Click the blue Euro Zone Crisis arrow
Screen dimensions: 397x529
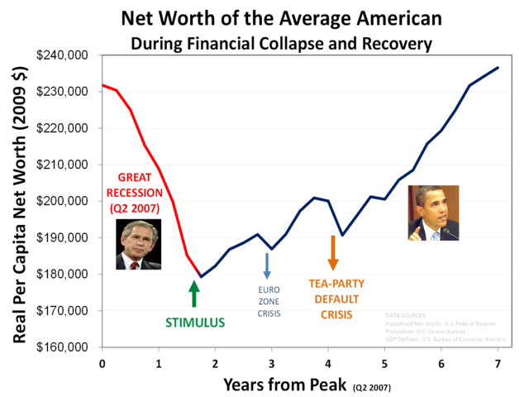(267, 265)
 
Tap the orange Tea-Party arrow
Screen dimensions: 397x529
(333, 252)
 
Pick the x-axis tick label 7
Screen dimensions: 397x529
(498, 363)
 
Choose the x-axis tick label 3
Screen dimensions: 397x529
(271, 363)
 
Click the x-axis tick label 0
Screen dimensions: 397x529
(102, 363)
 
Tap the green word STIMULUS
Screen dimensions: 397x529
(195, 323)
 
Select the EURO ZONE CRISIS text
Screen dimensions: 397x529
(269, 302)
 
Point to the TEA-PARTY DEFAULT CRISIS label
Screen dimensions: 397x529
(336, 299)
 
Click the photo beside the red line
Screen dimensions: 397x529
(138, 245)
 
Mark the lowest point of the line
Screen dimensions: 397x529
(200, 276)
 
